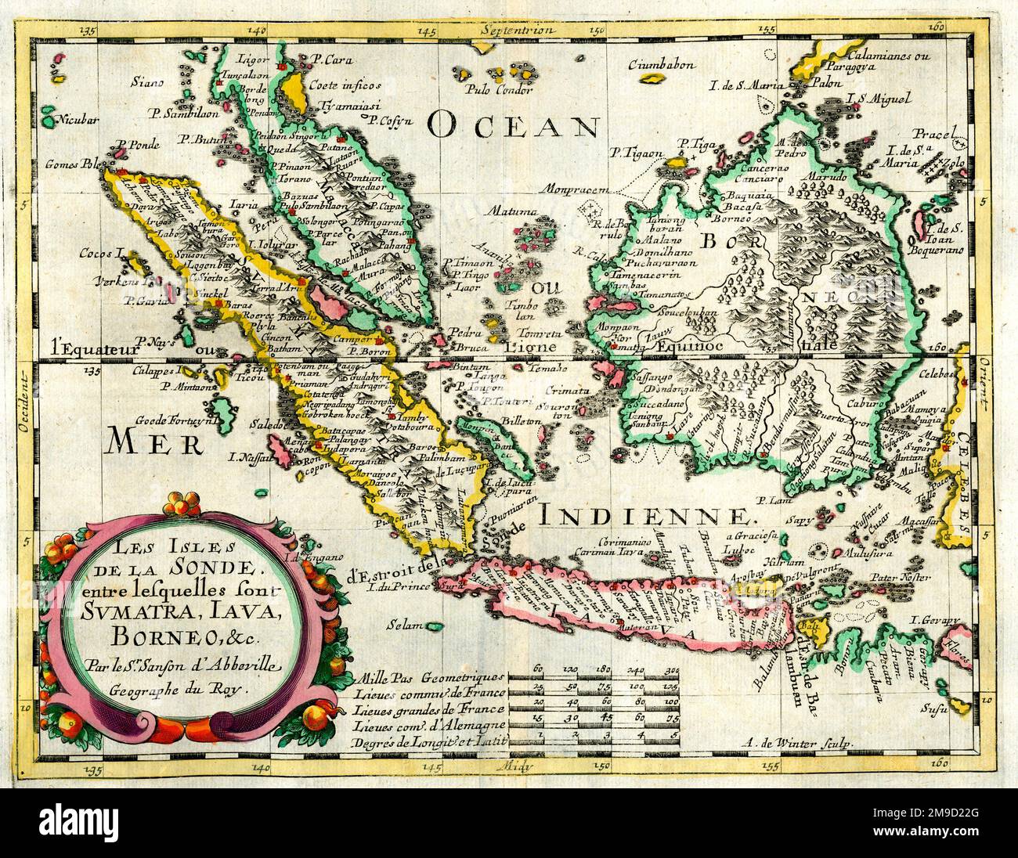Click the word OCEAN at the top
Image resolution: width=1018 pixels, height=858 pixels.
(x=514, y=123)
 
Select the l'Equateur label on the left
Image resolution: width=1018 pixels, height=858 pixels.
(x=76, y=342)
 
